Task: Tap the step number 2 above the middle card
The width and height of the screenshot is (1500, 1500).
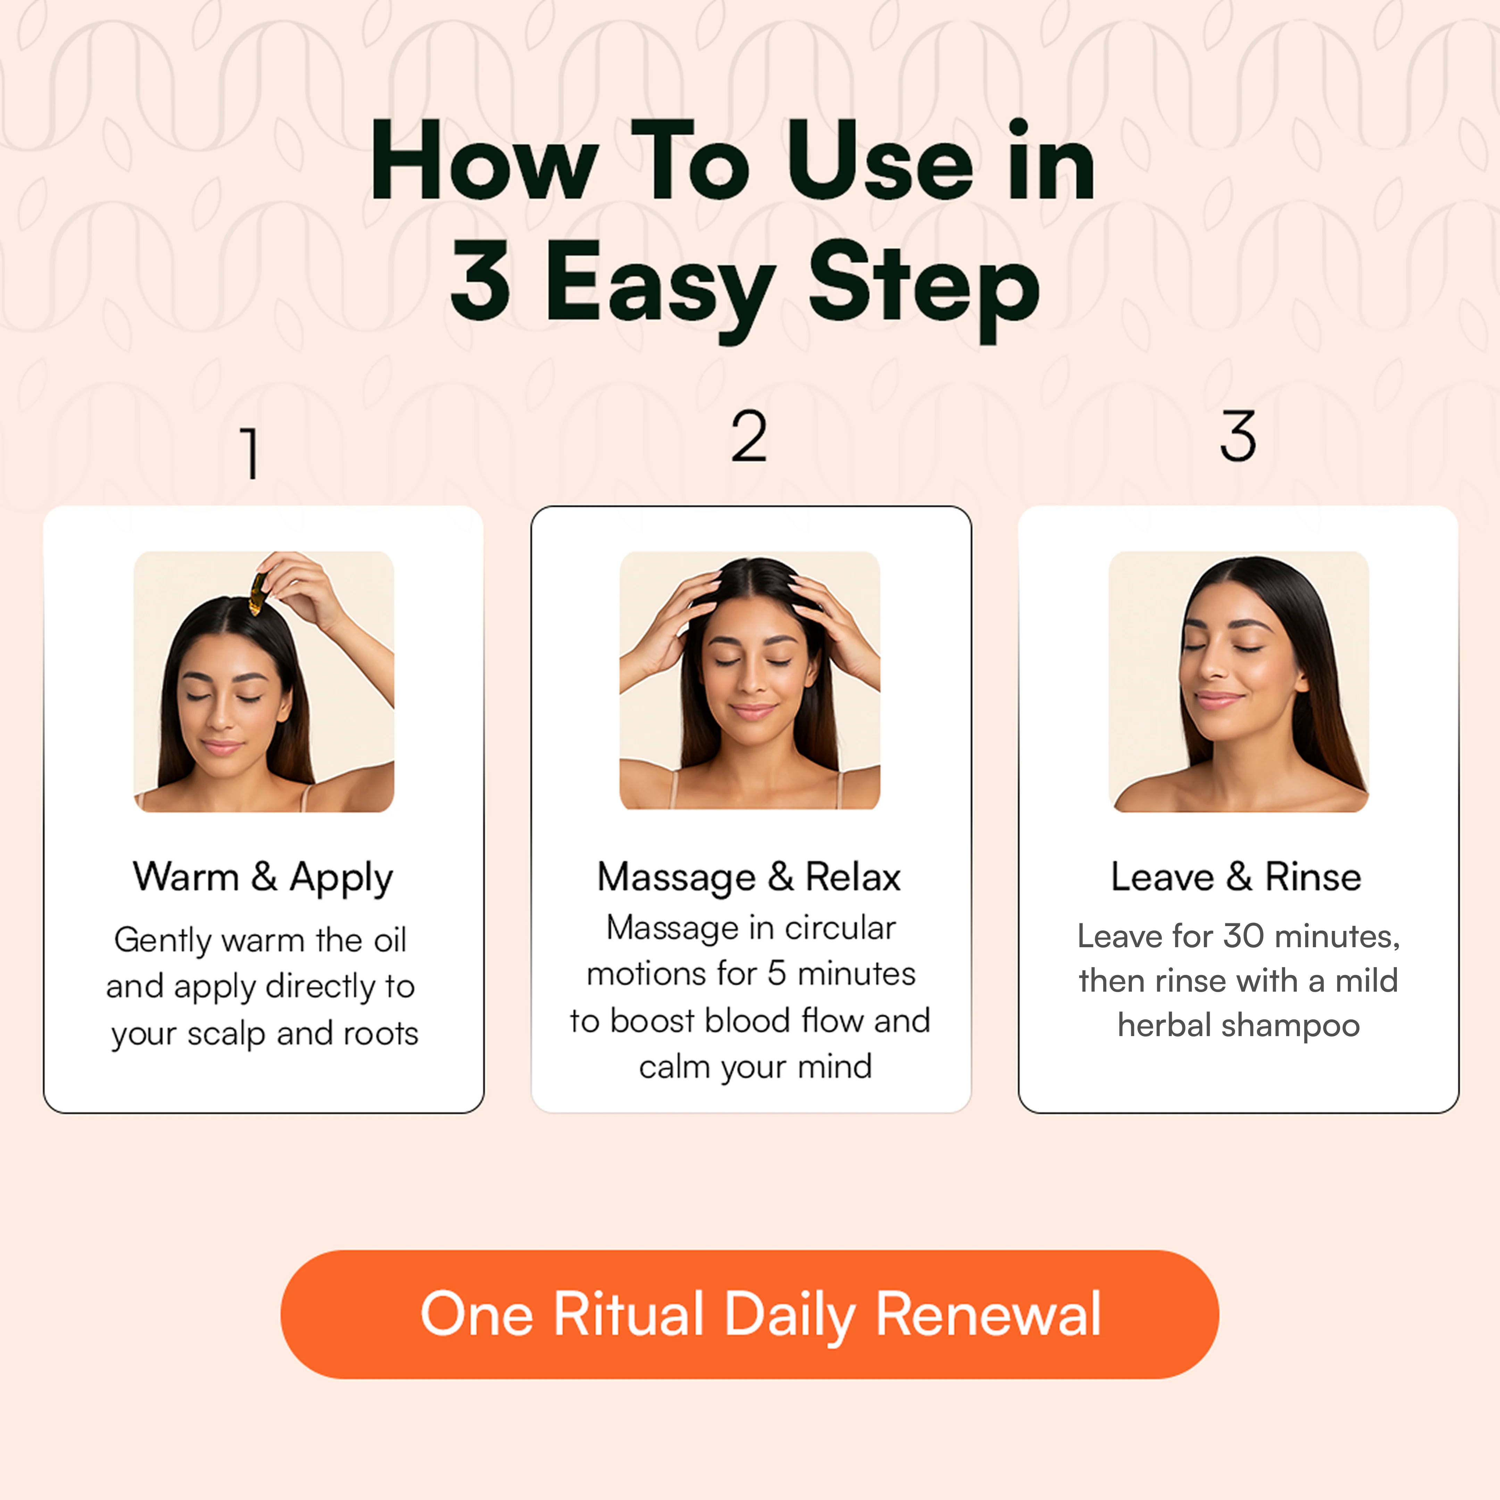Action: coord(749,436)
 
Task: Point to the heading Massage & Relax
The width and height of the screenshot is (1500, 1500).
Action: coord(749,877)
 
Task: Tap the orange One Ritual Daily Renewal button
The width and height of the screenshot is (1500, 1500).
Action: coord(749,1315)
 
